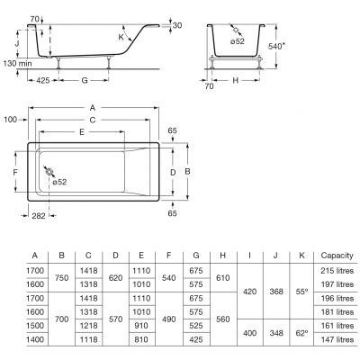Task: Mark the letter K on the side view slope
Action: click(121, 37)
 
